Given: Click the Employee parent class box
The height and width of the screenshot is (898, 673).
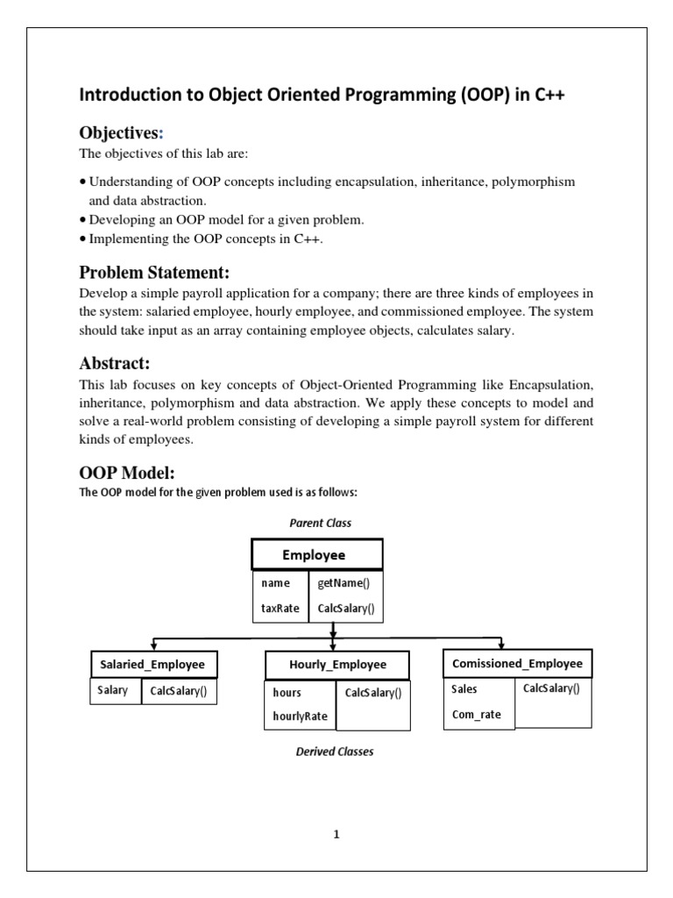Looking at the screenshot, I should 316,555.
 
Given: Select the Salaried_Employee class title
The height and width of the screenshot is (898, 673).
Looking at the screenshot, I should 153,665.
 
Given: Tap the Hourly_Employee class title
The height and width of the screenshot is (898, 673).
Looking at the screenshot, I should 337,665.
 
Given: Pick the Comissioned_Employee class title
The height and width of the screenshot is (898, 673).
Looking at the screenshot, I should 517,663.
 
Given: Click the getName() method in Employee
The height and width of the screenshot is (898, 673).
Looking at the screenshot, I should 337,583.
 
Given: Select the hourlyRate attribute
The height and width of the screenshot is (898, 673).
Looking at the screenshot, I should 300,716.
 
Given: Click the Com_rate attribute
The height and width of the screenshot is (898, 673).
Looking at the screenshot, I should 476,714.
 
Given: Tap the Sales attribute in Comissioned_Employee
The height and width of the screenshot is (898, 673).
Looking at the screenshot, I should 464,689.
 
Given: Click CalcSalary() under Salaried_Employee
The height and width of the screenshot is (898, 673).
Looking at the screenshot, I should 178,690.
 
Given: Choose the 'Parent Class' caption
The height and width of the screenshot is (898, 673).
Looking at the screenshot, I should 320,523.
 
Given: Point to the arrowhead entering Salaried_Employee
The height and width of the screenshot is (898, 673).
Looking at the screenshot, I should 154,645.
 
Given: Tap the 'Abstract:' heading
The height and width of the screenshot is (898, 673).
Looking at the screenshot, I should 114,363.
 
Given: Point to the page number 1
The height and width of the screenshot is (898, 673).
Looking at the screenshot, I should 336,834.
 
